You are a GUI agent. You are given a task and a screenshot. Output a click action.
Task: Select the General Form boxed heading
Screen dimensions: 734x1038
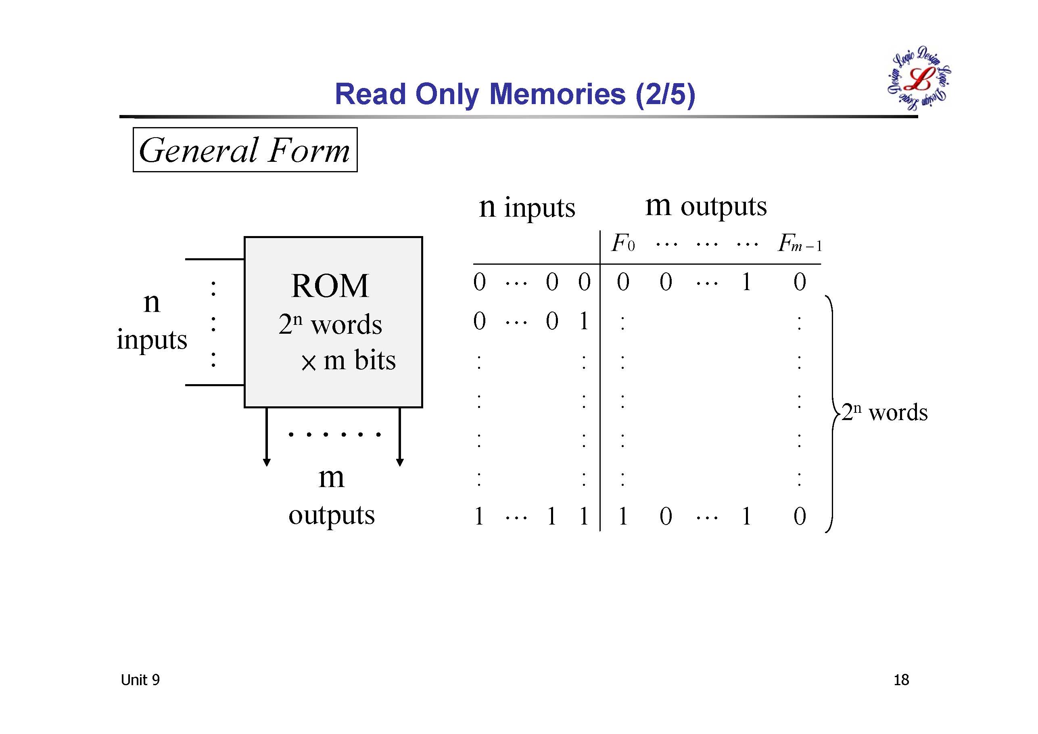(244, 150)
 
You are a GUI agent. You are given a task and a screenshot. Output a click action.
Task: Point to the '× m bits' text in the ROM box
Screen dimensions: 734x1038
(348, 361)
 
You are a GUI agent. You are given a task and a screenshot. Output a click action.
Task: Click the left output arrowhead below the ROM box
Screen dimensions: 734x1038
(267, 462)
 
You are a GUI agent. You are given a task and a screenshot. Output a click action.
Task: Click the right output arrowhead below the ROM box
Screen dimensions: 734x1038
(400, 462)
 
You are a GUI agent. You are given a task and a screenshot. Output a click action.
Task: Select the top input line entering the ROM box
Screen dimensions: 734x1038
(214, 259)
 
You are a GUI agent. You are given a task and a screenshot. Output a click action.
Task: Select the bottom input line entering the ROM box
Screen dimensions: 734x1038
(214, 385)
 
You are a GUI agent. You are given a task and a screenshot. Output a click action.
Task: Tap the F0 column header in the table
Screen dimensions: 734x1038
(623, 244)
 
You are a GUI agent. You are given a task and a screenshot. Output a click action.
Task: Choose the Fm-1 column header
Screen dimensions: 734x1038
(799, 244)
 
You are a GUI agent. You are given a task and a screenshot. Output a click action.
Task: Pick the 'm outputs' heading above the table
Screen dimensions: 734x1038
(706, 206)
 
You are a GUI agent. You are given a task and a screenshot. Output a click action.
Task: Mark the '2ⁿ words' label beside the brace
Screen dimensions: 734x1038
(884, 412)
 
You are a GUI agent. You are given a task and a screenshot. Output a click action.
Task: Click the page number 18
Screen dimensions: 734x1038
(901, 680)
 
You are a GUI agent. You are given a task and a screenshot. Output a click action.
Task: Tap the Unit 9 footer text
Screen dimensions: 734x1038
(140, 680)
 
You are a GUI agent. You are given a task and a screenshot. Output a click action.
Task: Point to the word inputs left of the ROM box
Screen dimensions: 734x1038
(152, 340)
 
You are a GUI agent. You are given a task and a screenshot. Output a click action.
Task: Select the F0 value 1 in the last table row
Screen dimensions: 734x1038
(623, 517)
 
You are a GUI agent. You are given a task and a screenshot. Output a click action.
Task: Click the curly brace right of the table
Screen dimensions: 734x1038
(831, 414)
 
